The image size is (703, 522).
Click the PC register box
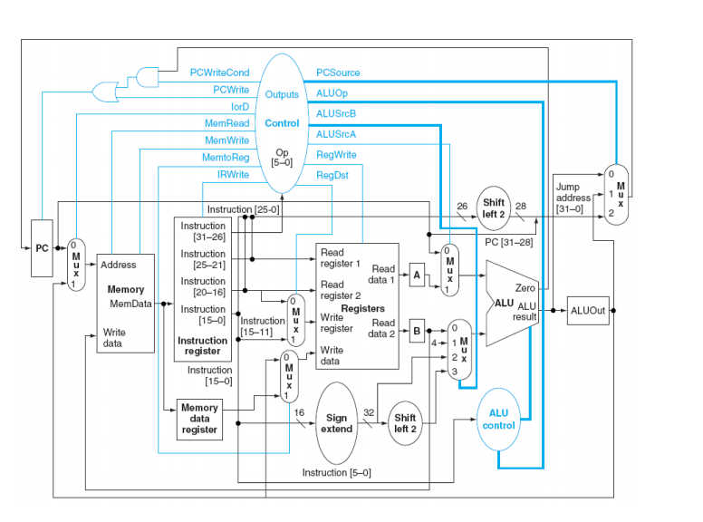pyautogui.click(x=43, y=247)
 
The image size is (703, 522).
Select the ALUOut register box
pyautogui.click(x=588, y=310)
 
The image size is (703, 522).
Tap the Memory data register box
pyautogui.click(x=199, y=419)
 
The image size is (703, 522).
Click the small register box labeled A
pyautogui.click(x=417, y=276)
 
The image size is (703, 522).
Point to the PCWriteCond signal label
pyautogui.click(x=219, y=72)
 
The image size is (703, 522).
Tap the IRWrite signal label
pyautogui.click(x=233, y=174)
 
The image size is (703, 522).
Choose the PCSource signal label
pyautogui.click(x=338, y=72)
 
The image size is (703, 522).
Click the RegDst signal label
pyautogui.click(x=332, y=175)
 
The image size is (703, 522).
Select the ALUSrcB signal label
pyautogui.click(x=335, y=113)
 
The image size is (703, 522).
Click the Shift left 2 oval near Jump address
pyautogui.click(x=494, y=208)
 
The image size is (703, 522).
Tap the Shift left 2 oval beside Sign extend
pyautogui.click(x=404, y=422)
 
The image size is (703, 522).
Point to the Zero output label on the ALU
pyautogui.click(x=525, y=287)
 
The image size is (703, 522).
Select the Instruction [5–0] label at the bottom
pyautogui.click(x=336, y=472)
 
